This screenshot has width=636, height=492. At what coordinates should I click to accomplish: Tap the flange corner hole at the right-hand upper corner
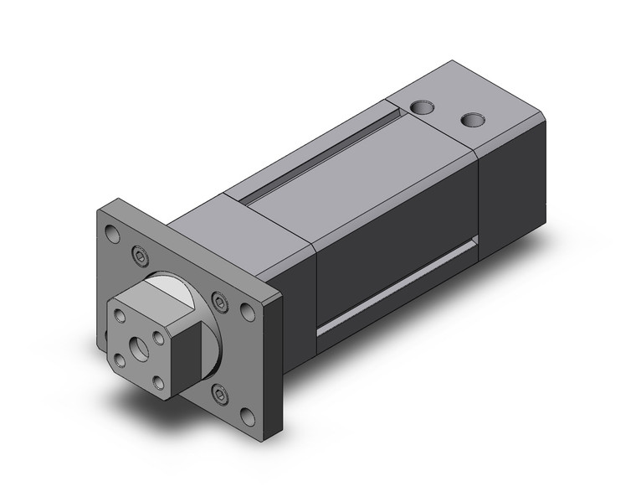tap(247, 312)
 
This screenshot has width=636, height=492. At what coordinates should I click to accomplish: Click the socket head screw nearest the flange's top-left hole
tap(139, 253)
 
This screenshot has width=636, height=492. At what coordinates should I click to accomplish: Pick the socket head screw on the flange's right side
tap(219, 300)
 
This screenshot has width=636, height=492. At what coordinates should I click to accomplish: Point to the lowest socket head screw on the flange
tap(219, 392)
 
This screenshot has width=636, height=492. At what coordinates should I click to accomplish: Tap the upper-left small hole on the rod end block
tap(120, 317)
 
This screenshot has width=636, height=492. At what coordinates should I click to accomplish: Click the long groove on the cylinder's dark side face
tap(393, 298)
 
